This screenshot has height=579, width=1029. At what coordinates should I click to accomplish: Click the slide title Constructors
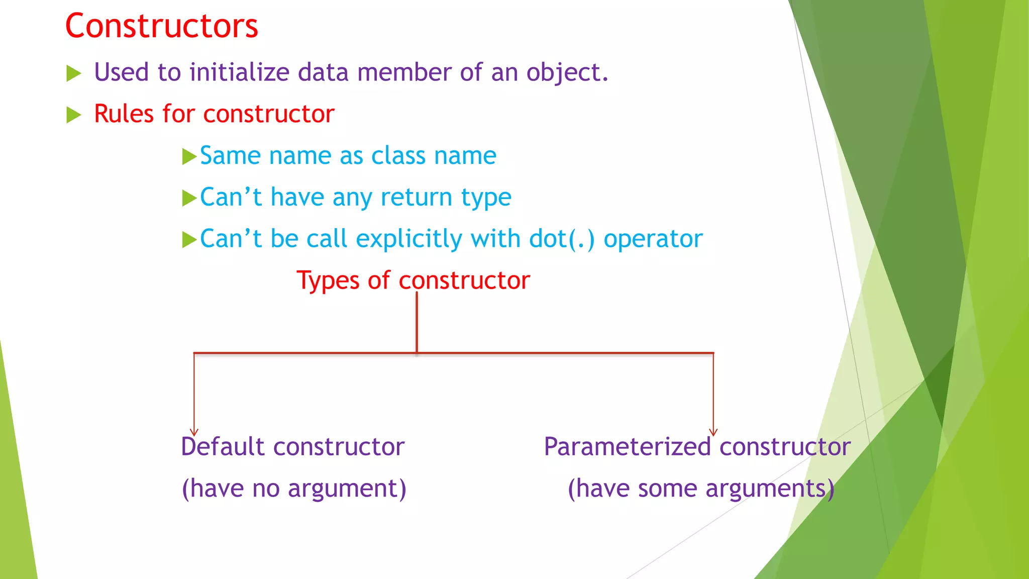[x=161, y=26]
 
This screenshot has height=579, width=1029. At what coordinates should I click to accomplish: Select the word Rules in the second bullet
[x=124, y=114]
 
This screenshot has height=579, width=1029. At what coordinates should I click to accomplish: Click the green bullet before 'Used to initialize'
[x=74, y=74]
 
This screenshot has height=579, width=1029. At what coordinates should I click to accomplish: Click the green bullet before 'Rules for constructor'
[x=74, y=115]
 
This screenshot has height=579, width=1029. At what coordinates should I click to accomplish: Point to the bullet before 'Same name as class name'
[x=189, y=156]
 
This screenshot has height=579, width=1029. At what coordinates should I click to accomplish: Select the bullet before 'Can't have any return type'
[x=189, y=198]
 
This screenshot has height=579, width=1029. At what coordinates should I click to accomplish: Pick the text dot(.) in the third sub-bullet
[x=562, y=239]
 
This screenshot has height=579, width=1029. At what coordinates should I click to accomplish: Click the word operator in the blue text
[x=653, y=239]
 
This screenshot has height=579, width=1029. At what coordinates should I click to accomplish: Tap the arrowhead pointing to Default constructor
[x=194, y=432]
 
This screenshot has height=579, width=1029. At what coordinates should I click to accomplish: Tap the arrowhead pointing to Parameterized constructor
[x=713, y=432]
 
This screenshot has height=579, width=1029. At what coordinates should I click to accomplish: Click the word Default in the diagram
[x=223, y=446]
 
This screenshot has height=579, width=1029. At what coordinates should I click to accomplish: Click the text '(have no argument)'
[x=294, y=489]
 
